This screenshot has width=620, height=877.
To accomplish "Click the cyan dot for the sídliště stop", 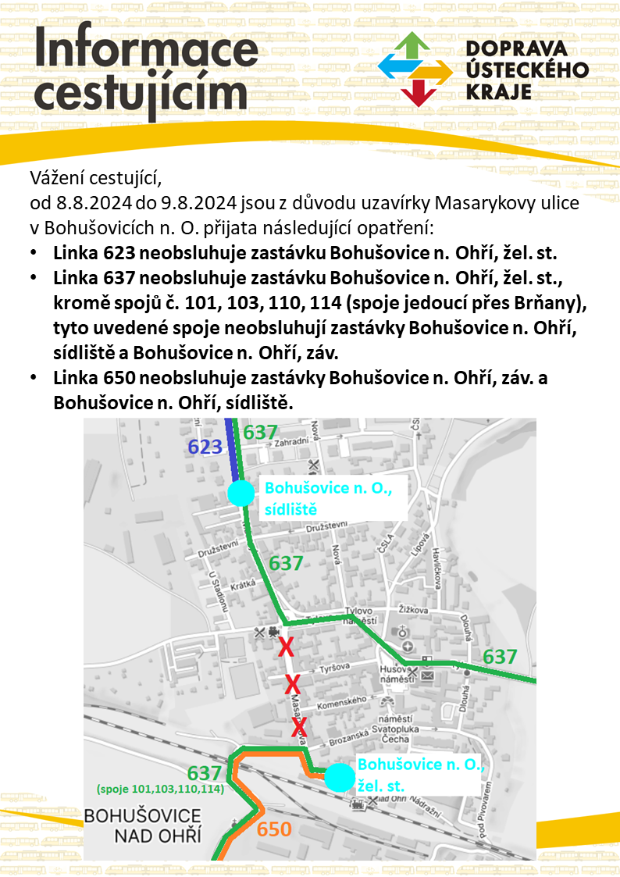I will (241, 493).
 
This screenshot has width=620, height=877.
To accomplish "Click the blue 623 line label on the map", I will (205, 447).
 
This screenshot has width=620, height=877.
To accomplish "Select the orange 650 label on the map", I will (274, 830).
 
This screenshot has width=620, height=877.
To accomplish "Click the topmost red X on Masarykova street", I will (286, 647).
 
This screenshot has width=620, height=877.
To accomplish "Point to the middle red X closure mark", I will (292, 685).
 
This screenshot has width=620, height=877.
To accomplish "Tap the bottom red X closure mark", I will (300, 728).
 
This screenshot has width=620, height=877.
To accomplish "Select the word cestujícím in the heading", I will (141, 96).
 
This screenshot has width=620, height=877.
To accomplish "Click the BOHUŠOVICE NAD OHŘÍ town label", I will (142, 826).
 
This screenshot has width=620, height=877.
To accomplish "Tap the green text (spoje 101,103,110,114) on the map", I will (160, 789).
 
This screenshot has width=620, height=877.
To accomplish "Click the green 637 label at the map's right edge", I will (500, 657).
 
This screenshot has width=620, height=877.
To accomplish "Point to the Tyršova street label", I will (333, 671).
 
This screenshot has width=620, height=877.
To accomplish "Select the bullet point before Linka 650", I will (33, 377).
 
